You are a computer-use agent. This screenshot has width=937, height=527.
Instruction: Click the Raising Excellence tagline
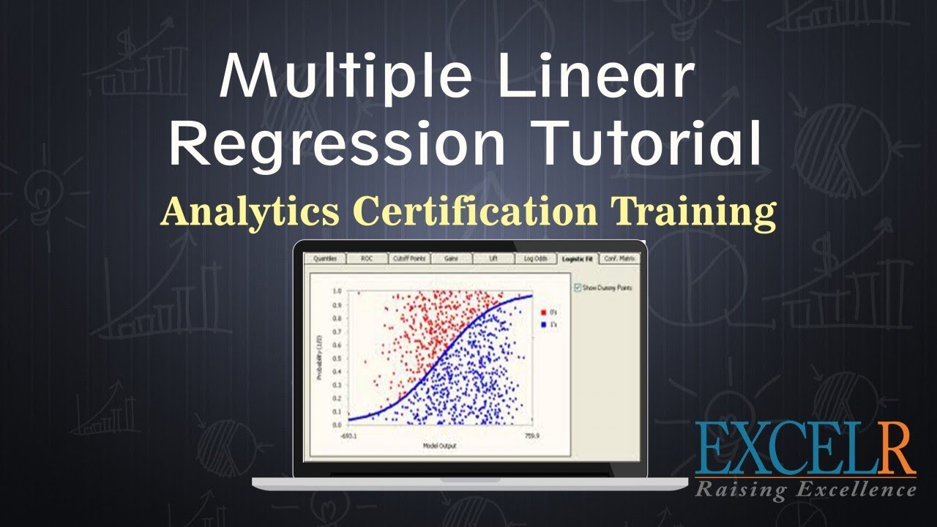(805, 488)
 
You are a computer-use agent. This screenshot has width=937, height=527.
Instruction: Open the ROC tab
(367, 258)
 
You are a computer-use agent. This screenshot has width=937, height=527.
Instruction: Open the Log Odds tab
(534, 258)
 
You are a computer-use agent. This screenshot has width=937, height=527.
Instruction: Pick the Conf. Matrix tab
(619, 258)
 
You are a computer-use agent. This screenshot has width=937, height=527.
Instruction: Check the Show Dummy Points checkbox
(578, 288)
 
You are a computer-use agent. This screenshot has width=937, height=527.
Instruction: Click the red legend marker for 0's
(543, 313)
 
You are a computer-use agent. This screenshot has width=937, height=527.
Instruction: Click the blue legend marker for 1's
(543, 324)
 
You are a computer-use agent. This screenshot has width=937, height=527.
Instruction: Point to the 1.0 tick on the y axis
(337, 291)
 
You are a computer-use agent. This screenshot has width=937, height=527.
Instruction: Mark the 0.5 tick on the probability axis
(337, 358)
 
